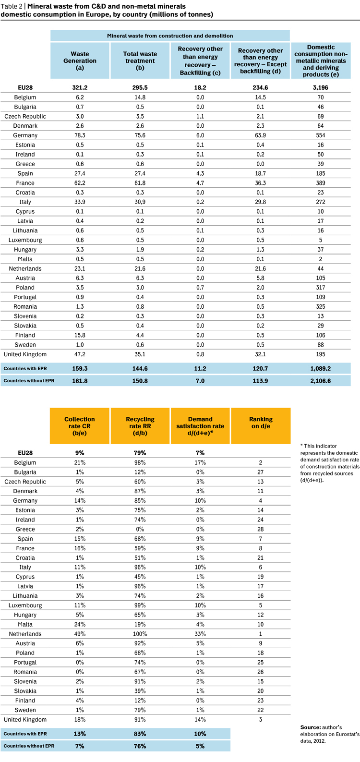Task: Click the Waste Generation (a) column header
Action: pos(80,60)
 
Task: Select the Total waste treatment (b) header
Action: pos(140,60)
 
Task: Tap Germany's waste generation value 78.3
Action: pos(80,135)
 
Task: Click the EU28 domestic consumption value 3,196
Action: pos(321,88)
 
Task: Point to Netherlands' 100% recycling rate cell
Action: pos(140,634)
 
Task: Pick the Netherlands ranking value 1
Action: pos(261,634)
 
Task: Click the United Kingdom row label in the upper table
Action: pos(25,354)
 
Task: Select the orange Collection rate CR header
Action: pos(80,426)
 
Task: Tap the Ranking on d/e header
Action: pos(261,426)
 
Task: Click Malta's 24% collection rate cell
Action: pos(80,625)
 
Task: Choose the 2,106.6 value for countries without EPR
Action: pos(321,381)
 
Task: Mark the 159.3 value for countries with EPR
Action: pos(80,369)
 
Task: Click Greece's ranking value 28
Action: pos(261,529)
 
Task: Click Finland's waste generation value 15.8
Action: pos(80,336)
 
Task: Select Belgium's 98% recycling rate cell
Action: pos(140,463)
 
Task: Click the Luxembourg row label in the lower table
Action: pos(25,605)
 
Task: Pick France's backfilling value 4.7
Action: pos(200,183)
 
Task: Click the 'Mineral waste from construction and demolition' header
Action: pos(170,36)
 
